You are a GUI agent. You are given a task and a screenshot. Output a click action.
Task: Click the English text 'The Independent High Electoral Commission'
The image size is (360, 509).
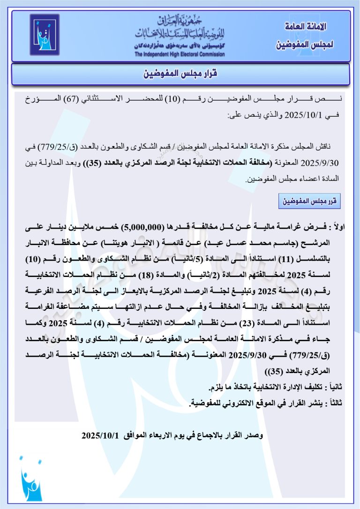click(x=180, y=54)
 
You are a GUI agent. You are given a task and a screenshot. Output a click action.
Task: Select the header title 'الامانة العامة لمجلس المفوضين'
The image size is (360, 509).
click(x=305, y=36)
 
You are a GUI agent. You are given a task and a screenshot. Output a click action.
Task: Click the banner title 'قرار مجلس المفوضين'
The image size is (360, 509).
click(x=180, y=74)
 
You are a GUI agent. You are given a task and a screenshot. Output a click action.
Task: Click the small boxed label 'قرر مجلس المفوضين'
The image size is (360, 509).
click(x=309, y=201)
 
